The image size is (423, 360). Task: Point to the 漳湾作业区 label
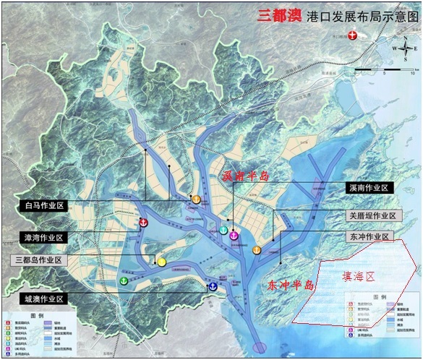pyautogui.click(x=40, y=237)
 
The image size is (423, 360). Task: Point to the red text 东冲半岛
pyautogui.click(x=288, y=285)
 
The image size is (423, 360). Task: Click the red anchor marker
pyautogui.click(x=144, y=223)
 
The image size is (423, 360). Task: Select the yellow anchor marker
pyautogui.click(x=162, y=261)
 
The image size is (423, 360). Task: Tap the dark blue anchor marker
pyautogui.click(x=213, y=287)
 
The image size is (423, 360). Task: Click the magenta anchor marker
pyautogui.click(x=234, y=236)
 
